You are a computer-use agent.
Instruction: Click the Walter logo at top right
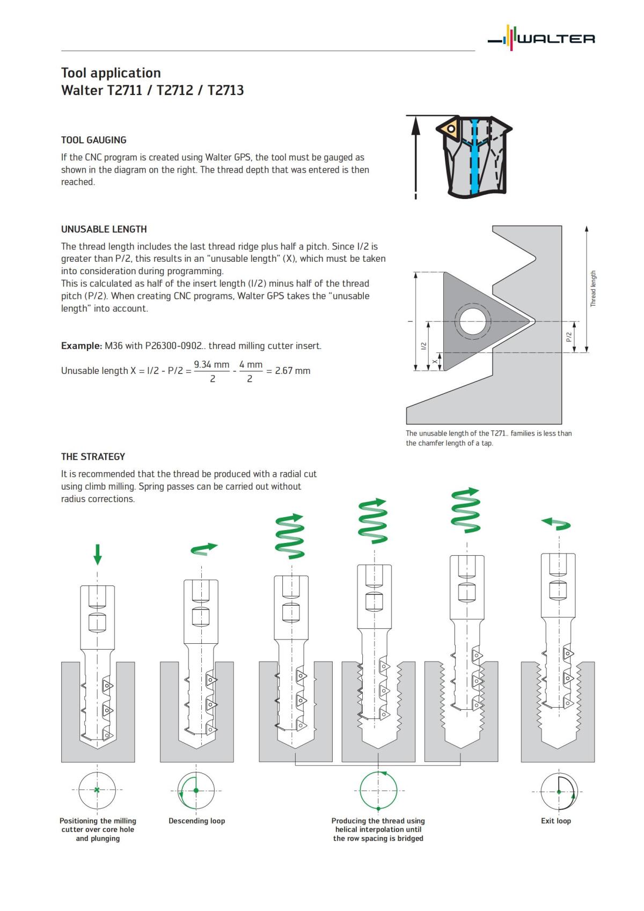[x=541, y=39]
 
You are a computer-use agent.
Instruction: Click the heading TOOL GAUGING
[x=94, y=140]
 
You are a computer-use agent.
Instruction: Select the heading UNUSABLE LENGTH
[x=104, y=229]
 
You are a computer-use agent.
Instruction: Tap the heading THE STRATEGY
[x=93, y=457]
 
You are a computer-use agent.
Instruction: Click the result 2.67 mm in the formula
[x=292, y=371]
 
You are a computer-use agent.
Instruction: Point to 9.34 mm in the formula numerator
[x=211, y=365]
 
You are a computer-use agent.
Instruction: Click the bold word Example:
[x=81, y=346]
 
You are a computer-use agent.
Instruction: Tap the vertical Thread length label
[x=593, y=289]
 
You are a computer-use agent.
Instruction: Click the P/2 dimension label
[x=569, y=337]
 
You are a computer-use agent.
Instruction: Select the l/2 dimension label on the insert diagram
[x=423, y=346]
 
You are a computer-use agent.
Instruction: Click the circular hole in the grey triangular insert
[x=473, y=322]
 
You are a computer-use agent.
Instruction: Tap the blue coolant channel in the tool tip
[x=474, y=161]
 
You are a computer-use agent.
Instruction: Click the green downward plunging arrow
[x=97, y=554]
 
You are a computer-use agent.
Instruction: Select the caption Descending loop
[x=196, y=821]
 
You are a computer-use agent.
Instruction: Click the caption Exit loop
[x=555, y=821]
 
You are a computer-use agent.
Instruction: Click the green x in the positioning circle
[x=97, y=790]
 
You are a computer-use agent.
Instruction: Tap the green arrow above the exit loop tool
[x=556, y=524]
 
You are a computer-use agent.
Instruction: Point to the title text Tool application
[x=111, y=73]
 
